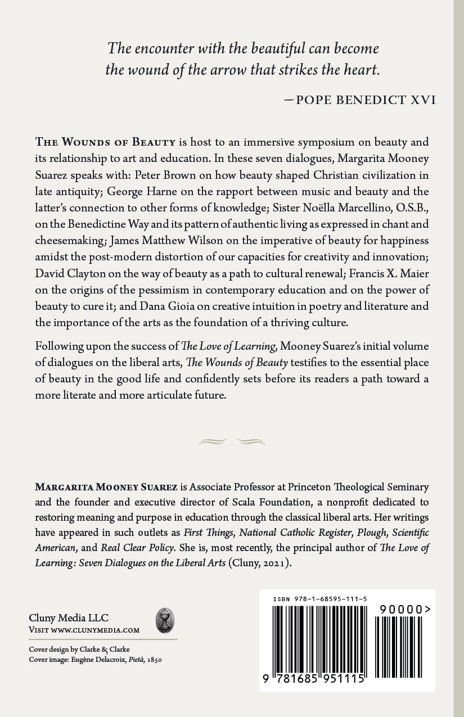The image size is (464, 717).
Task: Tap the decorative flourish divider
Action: tap(232, 441)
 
